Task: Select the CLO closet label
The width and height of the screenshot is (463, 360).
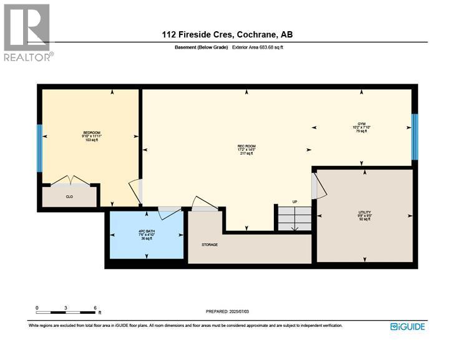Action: pyautogui.click(x=69, y=197)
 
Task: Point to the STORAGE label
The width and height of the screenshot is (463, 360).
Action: pyautogui.click(x=209, y=245)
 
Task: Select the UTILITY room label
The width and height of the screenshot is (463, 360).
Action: pyautogui.click(x=364, y=215)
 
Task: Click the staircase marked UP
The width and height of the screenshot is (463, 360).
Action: pyautogui.click(x=295, y=218)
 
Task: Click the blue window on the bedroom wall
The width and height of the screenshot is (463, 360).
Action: pyautogui.click(x=39, y=148)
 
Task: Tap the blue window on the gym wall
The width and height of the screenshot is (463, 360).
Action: pyautogui.click(x=414, y=136)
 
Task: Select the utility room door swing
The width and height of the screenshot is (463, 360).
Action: pyautogui.click(x=318, y=186)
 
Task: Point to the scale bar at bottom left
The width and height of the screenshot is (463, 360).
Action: pyautogui.click(x=66, y=309)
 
